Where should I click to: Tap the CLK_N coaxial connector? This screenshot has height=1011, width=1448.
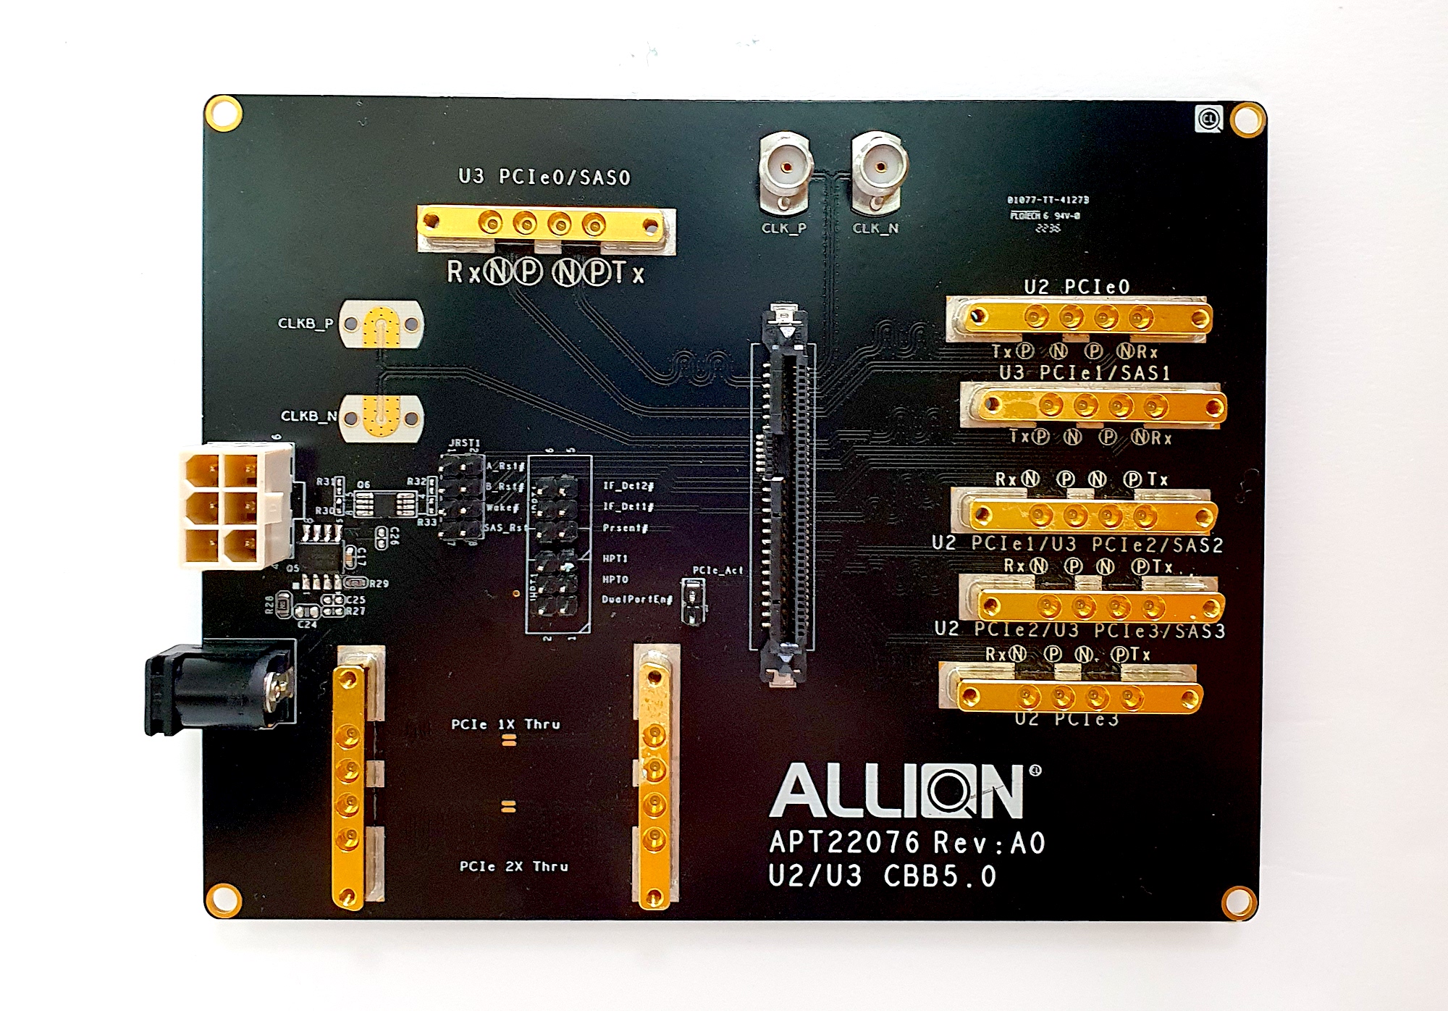pos(879,169)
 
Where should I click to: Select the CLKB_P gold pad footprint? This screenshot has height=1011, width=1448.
pos(381,324)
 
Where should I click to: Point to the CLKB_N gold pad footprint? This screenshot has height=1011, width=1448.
pos(381,417)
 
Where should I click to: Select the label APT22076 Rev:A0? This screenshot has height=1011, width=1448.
pos(907,842)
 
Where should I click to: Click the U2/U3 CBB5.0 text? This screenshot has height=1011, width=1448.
pos(882,876)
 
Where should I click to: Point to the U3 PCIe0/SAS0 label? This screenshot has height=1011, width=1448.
pos(544,177)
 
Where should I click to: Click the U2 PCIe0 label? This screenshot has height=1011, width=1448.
pos(1076,287)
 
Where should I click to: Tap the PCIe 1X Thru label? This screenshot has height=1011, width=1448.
pos(505,724)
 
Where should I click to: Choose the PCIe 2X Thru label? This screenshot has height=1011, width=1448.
pos(513,866)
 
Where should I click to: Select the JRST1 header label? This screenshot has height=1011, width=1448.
pos(464,442)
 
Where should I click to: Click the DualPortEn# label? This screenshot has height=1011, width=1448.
pos(637,600)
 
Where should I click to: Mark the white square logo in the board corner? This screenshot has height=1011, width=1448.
pos(1208,119)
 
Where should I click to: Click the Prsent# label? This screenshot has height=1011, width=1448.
pos(625,528)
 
